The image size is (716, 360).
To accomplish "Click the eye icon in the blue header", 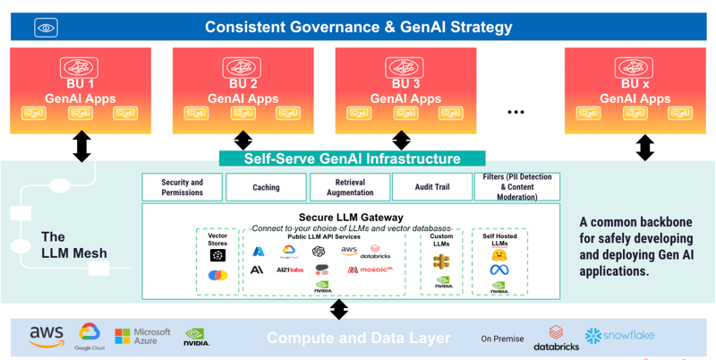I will point(47,29).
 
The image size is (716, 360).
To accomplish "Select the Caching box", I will point(266,187).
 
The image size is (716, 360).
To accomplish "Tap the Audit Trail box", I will point(432,187).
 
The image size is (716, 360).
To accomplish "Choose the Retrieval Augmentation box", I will point(350,187).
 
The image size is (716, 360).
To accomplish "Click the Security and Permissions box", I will point(183,187).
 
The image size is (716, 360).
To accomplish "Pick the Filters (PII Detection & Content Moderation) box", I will point(517,187).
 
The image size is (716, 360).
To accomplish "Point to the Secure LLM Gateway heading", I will point(351,217).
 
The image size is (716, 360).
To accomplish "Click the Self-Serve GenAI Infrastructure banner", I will point(352,159).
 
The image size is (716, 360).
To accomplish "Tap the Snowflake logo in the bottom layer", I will point(619,336).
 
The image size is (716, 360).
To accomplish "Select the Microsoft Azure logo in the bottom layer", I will point(142,336).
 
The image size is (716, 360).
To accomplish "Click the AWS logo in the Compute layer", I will point(47,336).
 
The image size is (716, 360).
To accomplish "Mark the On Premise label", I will point(501,339).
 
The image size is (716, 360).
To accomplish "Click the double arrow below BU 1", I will point(81,146).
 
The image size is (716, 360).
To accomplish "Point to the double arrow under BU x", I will point(644,147).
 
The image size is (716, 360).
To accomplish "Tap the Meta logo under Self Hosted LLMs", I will point(499,270).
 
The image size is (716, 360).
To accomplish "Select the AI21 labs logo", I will point(290,270).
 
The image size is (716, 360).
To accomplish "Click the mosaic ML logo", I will point(371,270).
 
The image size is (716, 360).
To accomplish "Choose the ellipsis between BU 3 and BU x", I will point(516,112).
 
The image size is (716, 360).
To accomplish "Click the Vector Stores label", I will point(217,239).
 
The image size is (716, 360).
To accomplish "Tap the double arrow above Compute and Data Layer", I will point(339,309).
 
